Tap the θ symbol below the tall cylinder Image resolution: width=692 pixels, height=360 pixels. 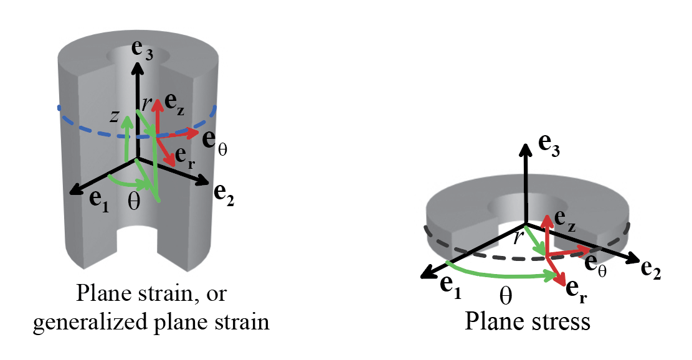[x=133, y=203]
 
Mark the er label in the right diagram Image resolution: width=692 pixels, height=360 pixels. [x=577, y=291]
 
